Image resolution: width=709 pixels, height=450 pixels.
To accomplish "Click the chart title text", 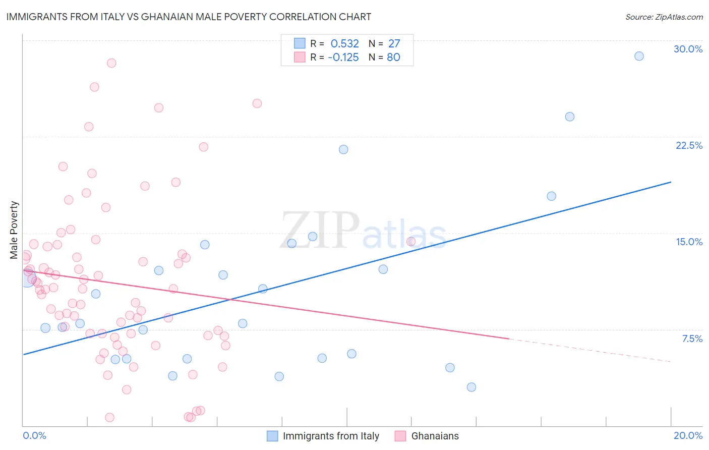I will click(189, 17).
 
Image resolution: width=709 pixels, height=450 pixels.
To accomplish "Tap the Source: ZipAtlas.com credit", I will click(664, 17).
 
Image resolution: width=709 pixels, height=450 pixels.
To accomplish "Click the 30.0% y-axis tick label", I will click(688, 49).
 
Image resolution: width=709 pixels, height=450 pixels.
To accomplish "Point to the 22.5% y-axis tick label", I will click(689, 145).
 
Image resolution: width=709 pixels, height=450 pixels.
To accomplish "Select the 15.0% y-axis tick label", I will click(689, 242).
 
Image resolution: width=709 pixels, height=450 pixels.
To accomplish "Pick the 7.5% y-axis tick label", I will click(692, 339).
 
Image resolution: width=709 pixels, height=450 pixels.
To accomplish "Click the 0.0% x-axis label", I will click(34, 435).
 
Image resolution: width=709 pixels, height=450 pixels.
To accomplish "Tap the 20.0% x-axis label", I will click(688, 435).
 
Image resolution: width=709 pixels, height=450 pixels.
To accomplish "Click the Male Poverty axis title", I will click(14, 230).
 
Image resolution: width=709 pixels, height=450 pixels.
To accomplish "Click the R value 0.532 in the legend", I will click(344, 44).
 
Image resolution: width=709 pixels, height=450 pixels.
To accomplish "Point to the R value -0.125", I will click(343, 58).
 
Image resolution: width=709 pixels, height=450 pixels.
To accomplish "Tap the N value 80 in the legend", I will click(393, 58).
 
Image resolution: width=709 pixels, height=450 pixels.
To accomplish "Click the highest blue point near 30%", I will click(639, 56).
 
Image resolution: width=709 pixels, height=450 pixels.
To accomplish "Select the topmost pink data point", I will click(111, 63).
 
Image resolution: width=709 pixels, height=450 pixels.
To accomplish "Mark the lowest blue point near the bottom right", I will click(471, 387).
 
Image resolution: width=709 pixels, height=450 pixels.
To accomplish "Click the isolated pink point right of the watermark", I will click(411, 242).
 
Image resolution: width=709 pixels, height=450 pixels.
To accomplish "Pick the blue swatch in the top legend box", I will click(300, 43).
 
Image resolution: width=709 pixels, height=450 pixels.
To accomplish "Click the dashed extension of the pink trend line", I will click(590, 351).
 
